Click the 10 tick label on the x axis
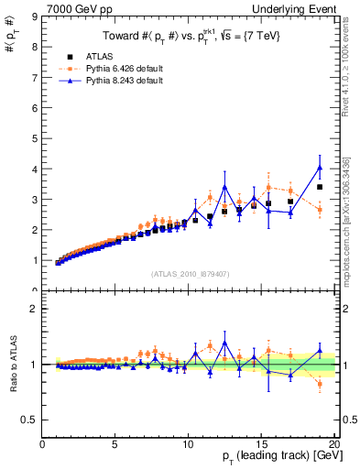pos(188,445)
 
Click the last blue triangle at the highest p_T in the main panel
pos(320,168)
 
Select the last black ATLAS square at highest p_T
pos(320,187)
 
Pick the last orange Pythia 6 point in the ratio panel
pos(320,384)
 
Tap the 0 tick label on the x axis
pos(43,445)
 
